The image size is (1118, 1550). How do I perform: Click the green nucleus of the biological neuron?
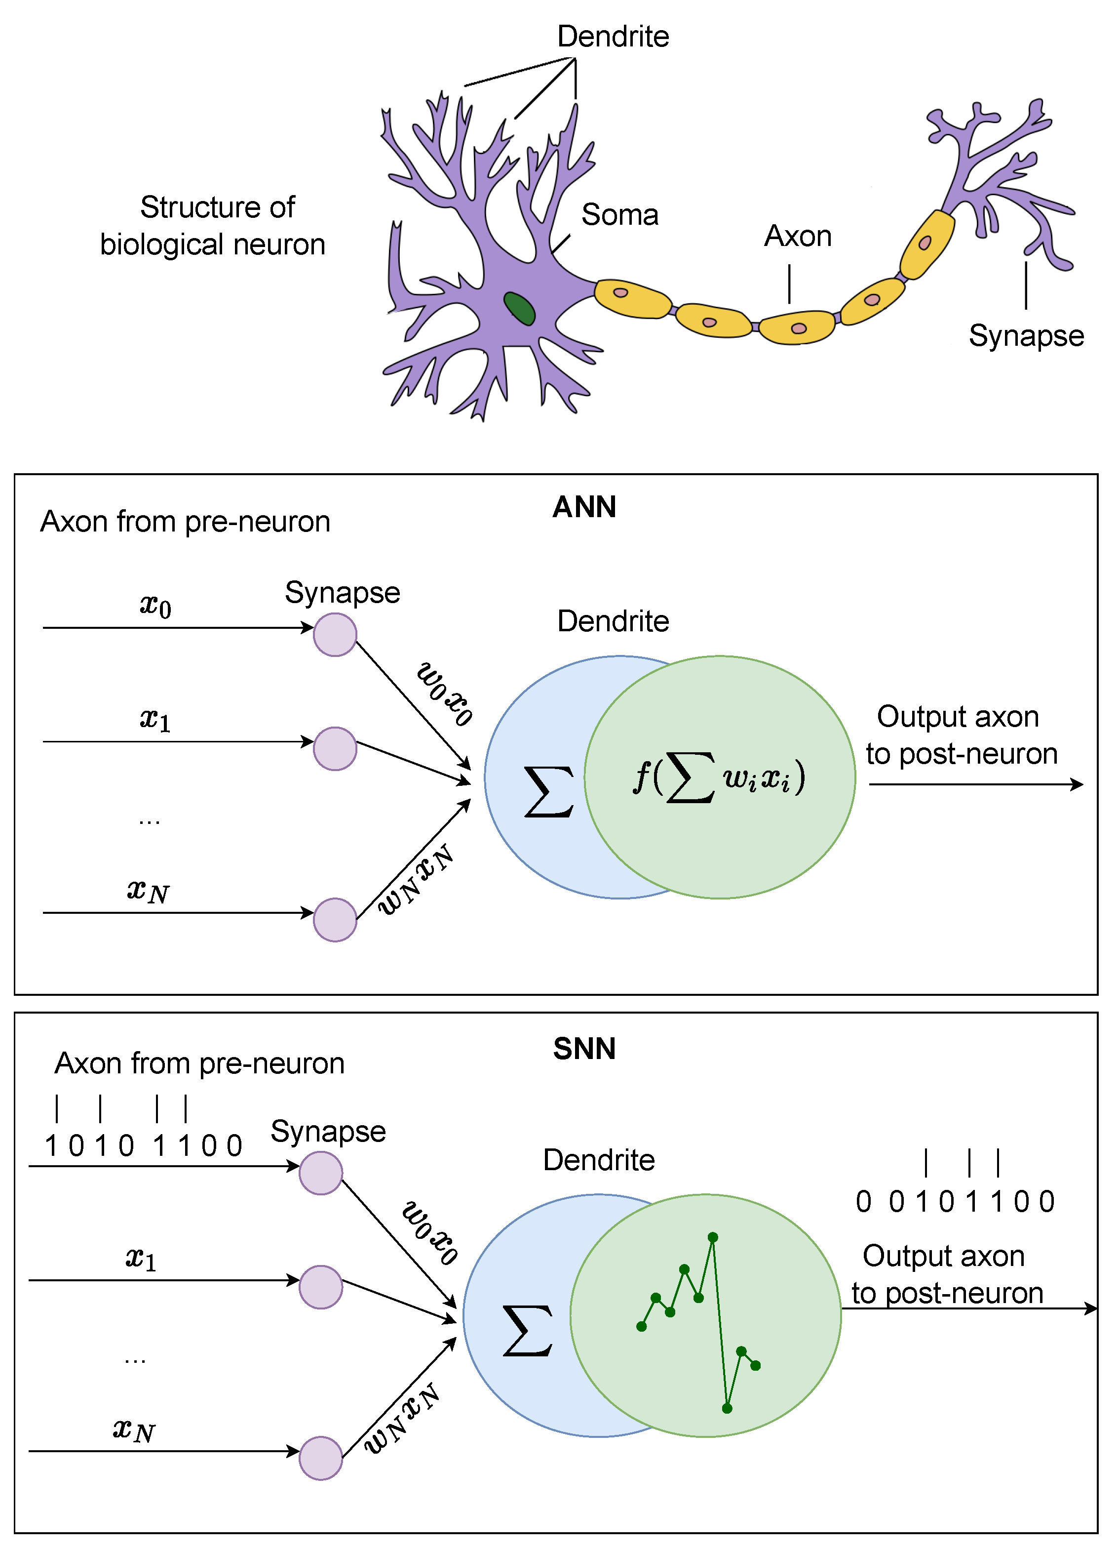519,308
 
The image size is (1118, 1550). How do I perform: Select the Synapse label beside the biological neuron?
1026,335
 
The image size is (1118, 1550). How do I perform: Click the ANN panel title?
584,507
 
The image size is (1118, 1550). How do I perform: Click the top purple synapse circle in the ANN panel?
335,635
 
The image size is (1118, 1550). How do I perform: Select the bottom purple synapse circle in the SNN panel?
320,1459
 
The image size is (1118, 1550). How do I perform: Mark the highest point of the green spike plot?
712,1237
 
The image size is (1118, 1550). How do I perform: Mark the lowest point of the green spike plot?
727,1408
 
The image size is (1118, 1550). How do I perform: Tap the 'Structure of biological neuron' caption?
212,226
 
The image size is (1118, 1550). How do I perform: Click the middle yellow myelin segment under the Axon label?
796,327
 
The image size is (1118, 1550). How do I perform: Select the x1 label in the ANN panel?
155,720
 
